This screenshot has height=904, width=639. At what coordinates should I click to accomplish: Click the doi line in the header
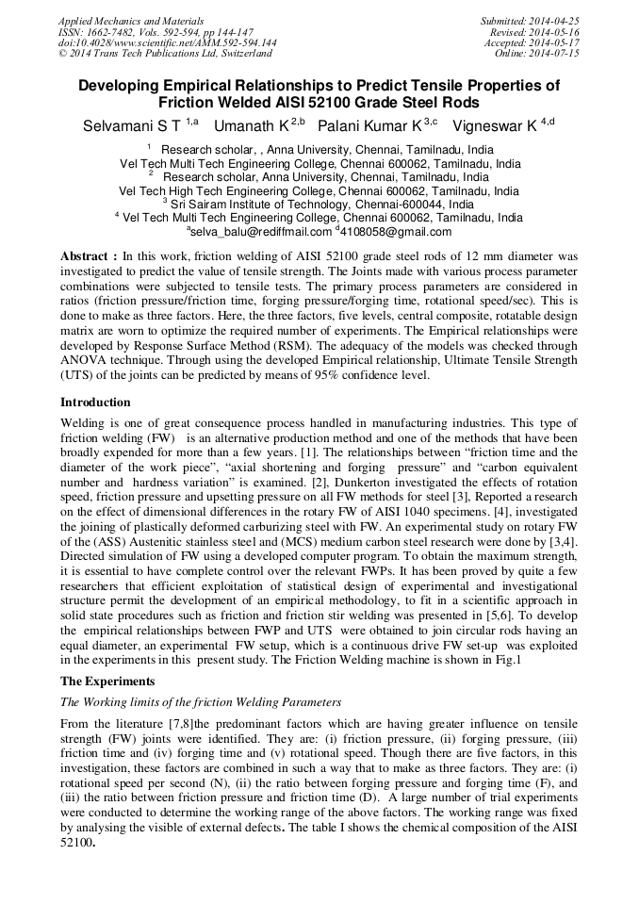(167, 42)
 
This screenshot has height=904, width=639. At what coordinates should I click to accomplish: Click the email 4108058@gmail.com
(397, 231)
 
